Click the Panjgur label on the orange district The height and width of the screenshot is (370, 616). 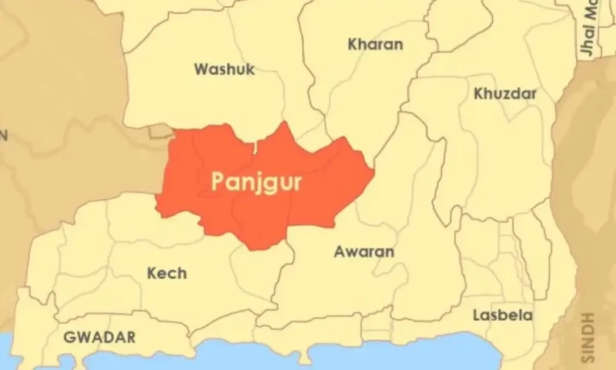pyautogui.click(x=256, y=183)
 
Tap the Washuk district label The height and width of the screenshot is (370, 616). pyautogui.click(x=224, y=69)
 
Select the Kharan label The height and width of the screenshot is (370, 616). pyautogui.click(x=375, y=44)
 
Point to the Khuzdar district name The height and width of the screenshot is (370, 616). pyautogui.click(x=505, y=93)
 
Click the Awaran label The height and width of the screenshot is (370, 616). pyautogui.click(x=363, y=252)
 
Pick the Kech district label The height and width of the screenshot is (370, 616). pyautogui.click(x=166, y=273)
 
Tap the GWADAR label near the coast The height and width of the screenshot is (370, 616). pyautogui.click(x=100, y=338)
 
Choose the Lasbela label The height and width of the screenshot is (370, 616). pyautogui.click(x=503, y=315)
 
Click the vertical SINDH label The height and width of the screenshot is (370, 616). pyautogui.click(x=589, y=337)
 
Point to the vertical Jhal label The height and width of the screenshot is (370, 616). pyautogui.click(x=587, y=35)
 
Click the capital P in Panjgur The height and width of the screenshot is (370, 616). pyautogui.click(x=218, y=181)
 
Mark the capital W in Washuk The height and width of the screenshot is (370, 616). pyautogui.click(x=202, y=69)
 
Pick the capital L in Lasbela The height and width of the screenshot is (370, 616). pyautogui.click(x=477, y=315)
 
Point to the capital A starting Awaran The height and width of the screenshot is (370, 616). pyautogui.click(x=339, y=252)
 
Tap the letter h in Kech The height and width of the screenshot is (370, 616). pyautogui.click(x=182, y=273)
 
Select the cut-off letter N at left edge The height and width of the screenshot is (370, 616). pyautogui.click(x=3, y=135)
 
